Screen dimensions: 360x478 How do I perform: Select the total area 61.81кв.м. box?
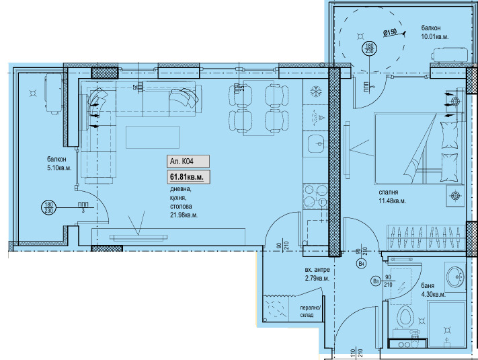coord(188,176)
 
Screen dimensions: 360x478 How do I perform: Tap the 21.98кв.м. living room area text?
coord(184,215)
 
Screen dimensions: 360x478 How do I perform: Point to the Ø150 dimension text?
coord(391,32)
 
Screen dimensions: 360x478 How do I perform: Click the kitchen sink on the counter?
coord(315,143)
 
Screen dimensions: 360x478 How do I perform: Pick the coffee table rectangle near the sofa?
coord(153,137)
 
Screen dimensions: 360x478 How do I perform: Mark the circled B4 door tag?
coord(361,264)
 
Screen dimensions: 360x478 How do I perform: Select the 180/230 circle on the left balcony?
coord(48,207)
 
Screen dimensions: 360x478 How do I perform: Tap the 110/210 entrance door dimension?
coord(356,351)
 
